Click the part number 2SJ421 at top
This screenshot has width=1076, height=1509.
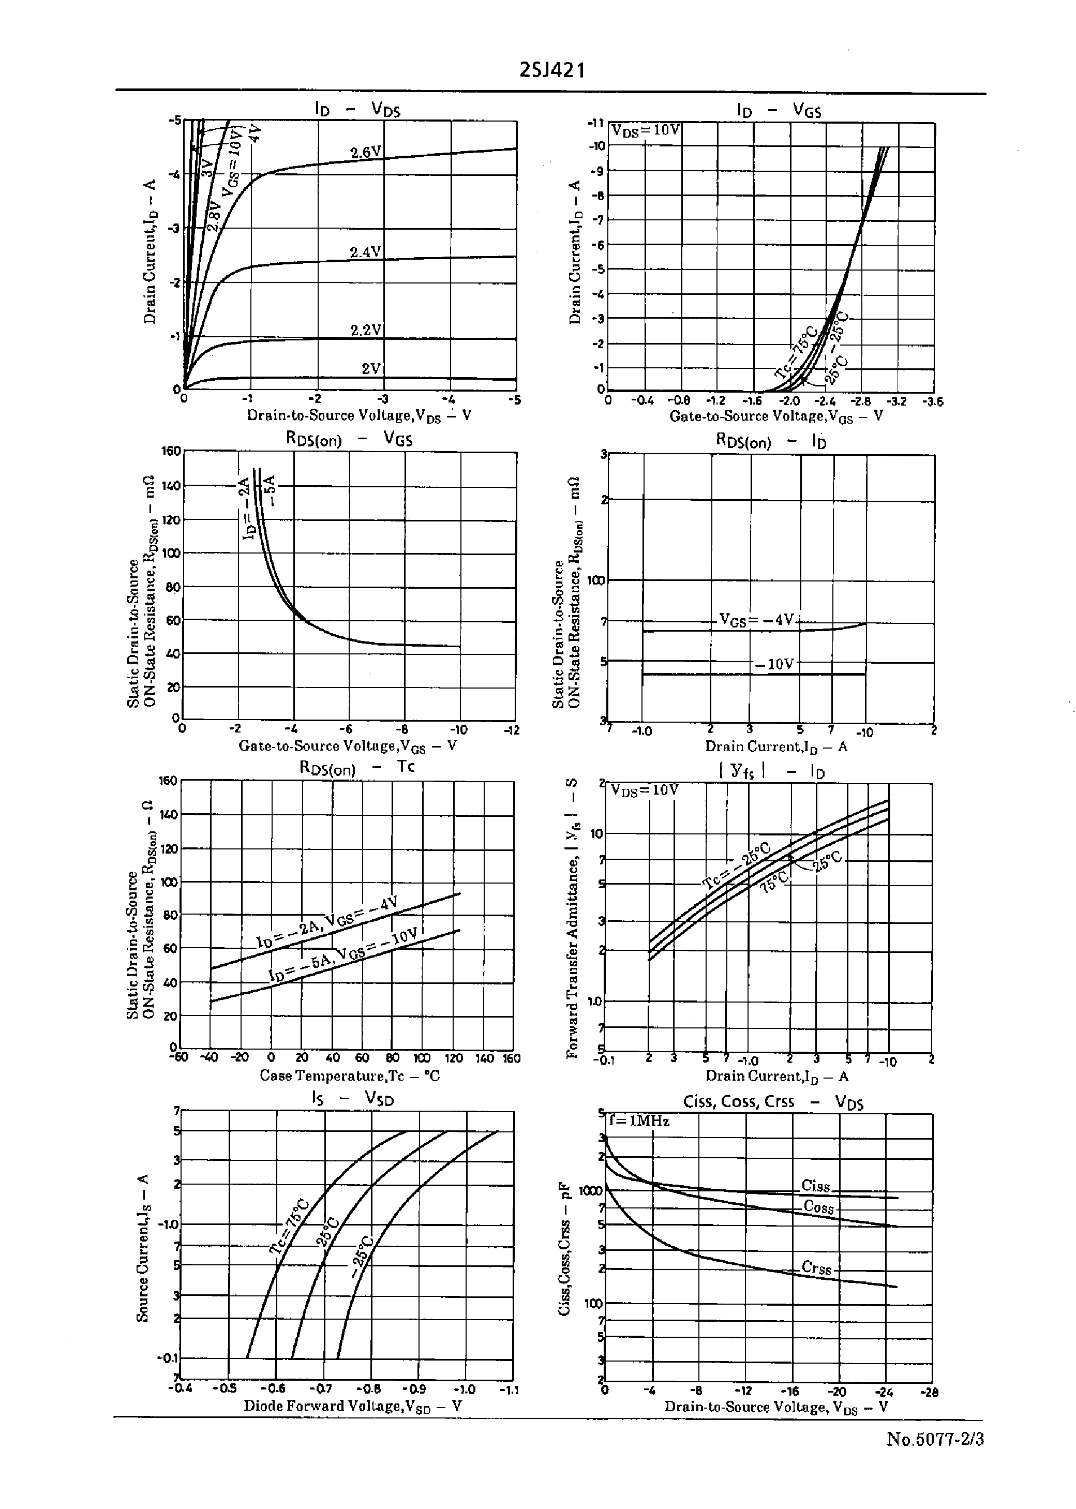coord(552,70)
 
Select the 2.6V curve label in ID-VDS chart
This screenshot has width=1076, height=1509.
coord(366,153)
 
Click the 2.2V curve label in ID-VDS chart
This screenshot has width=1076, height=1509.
coord(366,330)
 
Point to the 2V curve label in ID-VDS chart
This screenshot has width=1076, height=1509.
coord(371,368)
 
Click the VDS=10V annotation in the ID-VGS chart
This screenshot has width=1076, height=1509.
coord(645,130)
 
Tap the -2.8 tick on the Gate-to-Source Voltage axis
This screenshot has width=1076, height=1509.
coord(861,401)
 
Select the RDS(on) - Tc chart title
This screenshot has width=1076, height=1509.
coord(357,768)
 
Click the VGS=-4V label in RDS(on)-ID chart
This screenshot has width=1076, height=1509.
coord(756,620)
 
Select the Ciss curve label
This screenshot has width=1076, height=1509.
coord(815,1185)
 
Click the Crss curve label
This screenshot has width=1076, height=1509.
coord(816,1268)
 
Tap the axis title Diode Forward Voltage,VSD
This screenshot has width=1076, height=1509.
coord(352,1406)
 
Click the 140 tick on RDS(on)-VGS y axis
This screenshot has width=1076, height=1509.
coord(171,486)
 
